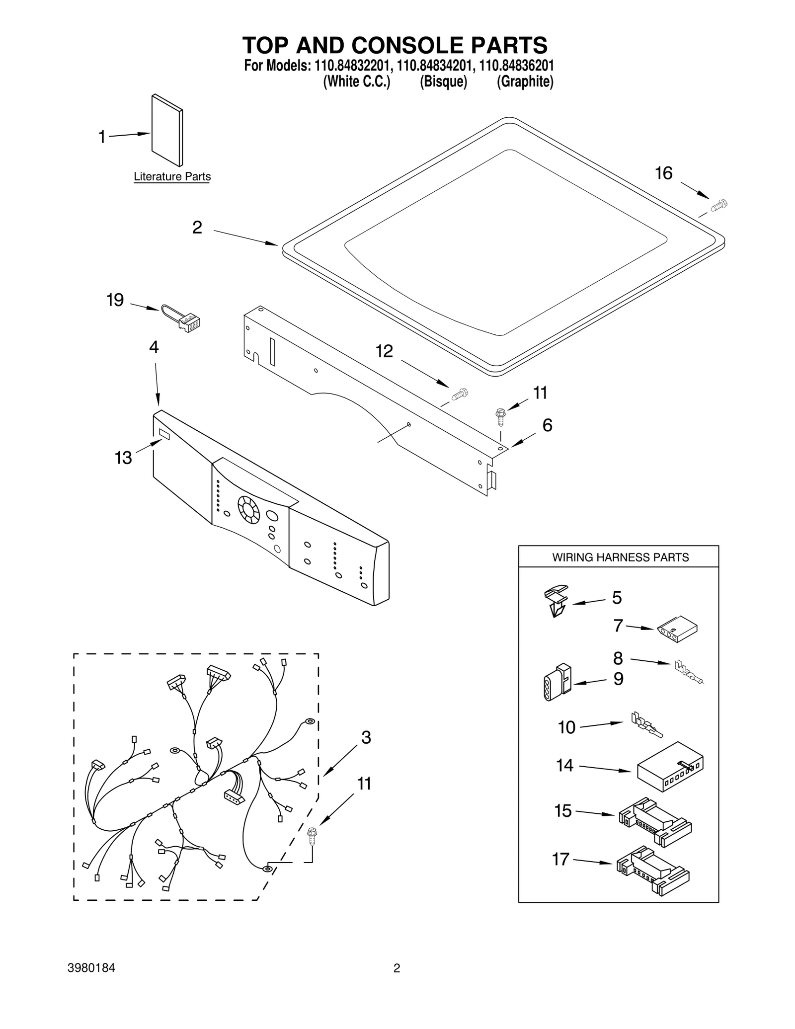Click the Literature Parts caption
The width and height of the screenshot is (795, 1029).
tap(172, 176)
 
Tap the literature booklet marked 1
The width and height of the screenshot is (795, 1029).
tap(166, 130)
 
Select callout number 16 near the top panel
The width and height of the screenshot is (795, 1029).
tap(663, 173)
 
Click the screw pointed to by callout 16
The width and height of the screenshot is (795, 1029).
tap(719, 205)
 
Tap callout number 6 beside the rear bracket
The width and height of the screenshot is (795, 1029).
tap(547, 425)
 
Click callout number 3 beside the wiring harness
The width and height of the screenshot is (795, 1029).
tap(366, 737)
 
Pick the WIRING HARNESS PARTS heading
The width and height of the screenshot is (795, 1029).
tap(620, 557)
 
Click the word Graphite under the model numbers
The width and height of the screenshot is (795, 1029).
tap(525, 82)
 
